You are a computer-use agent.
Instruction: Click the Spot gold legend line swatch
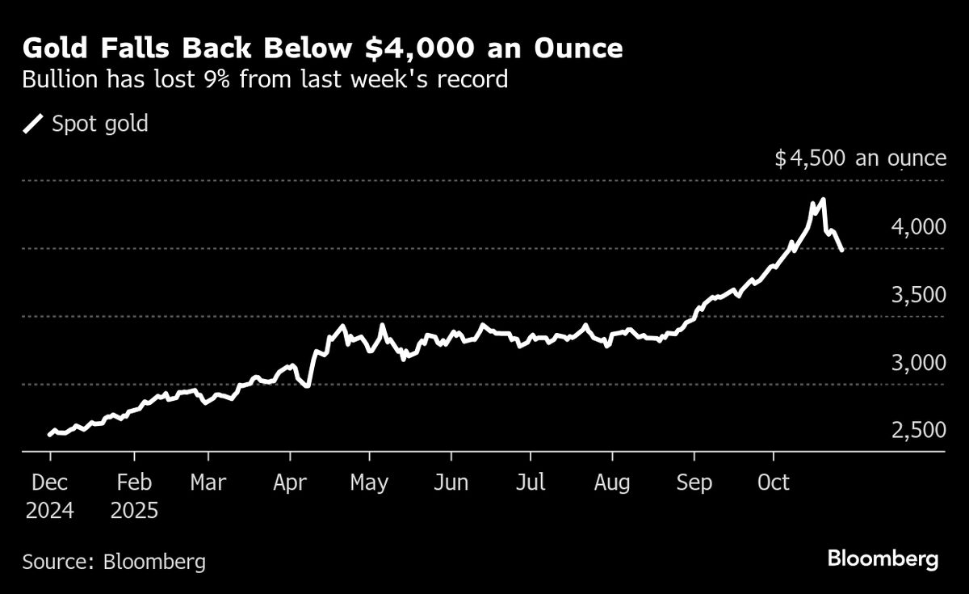tap(33, 124)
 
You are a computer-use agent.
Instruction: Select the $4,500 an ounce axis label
tap(860, 158)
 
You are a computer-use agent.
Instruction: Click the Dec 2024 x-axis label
tap(49, 496)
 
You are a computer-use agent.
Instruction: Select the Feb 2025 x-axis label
tap(134, 496)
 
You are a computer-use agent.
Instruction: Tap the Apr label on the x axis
tap(289, 482)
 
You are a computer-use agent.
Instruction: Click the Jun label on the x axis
tap(451, 482)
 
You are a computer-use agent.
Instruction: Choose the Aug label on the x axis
tap(612, 482)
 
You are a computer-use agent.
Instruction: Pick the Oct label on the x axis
tap(774, 482)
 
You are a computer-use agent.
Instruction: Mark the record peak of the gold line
tap(822, 200)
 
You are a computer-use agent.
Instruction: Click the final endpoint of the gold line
tap(842, 250)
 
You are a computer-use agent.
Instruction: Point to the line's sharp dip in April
tap(307, 385)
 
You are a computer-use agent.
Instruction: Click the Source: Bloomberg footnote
tap(114, 562)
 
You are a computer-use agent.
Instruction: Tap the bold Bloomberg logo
tap(883, 558)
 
